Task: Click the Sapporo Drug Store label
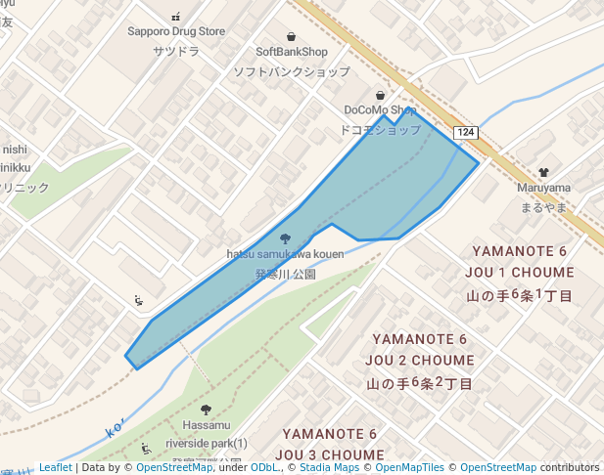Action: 176,31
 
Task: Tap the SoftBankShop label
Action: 291,52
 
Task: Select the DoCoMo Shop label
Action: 380,110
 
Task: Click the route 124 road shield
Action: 466,132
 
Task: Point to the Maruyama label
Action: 544,187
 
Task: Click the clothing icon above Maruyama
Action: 544,170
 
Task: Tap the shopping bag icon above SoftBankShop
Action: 291,36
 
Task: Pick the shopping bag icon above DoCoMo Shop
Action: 380,95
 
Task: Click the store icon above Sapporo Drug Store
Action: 176,17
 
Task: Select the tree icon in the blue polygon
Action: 285,238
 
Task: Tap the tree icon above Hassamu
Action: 205,410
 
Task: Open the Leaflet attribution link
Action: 55,467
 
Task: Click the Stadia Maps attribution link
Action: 328,467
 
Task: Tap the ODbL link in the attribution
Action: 264,467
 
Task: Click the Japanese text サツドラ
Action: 176,51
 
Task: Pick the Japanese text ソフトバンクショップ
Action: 291,71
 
